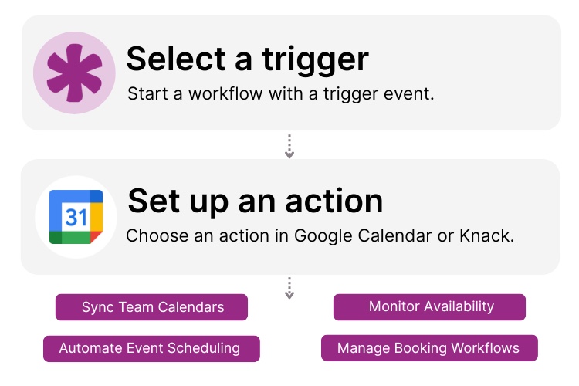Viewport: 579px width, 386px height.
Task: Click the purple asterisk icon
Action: click(74, 73)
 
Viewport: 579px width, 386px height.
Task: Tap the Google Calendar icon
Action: click(76, 217)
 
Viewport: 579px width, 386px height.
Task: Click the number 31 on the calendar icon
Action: click(76, 218)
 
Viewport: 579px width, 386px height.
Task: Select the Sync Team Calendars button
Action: click(152, 307)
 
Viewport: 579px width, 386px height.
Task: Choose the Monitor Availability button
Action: click(430, 306)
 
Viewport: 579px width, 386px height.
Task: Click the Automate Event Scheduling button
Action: click(151, 348)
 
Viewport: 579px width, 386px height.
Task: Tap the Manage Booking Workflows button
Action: click(429, 348)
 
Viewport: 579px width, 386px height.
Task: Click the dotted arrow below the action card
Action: click(289, 288)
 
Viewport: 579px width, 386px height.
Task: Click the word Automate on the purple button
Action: click(89, 348)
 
